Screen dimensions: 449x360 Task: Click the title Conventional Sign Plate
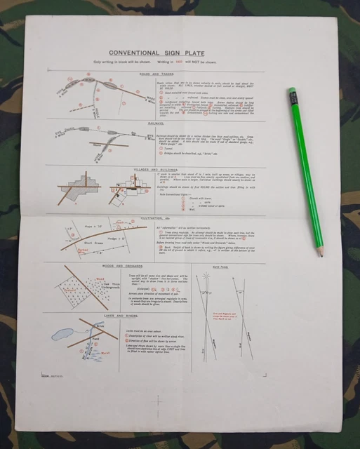156,52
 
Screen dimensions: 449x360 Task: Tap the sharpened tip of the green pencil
322,255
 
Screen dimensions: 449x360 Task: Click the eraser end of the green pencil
289,91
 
